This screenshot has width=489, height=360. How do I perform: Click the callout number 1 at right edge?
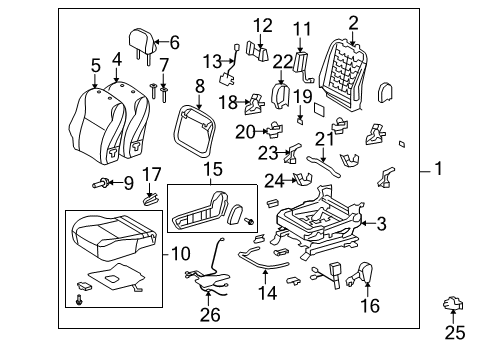438,170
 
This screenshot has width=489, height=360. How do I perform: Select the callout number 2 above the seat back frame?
353,22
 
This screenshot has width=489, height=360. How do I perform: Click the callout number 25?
455,331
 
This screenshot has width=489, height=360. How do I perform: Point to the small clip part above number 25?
454,304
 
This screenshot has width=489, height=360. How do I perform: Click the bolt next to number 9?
103,184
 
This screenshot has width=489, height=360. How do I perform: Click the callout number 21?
320,139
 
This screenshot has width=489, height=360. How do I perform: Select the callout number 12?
261,25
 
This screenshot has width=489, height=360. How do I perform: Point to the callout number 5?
96,66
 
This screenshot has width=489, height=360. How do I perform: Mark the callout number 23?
266,152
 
